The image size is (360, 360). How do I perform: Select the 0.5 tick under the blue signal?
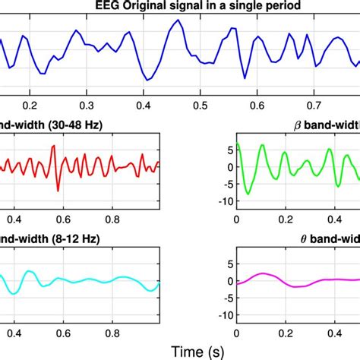click(201, 106)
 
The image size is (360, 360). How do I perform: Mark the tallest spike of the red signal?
click(52, 147)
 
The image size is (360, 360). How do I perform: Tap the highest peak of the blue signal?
click(177, 21)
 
